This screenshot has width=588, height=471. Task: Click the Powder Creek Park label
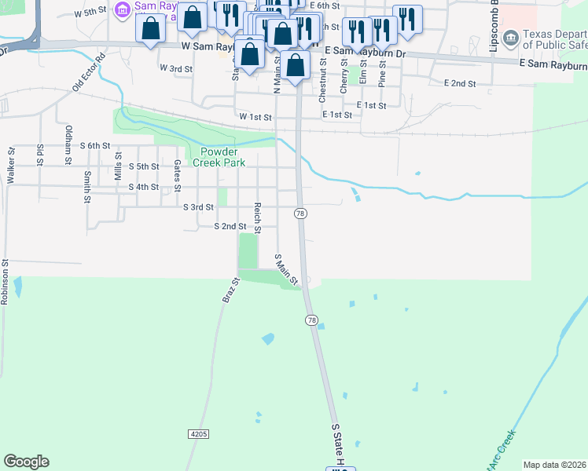coord(222,157)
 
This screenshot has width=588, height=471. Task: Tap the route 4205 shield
coord(199,434)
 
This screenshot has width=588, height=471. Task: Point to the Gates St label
coord(177,175)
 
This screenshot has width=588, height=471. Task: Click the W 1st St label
coord(255,117)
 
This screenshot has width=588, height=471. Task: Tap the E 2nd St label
coord(460,83)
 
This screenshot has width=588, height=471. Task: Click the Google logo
coord(26,462)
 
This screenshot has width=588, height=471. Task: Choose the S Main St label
coord(286,269)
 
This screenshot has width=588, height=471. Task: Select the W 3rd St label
coord(176,69)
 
